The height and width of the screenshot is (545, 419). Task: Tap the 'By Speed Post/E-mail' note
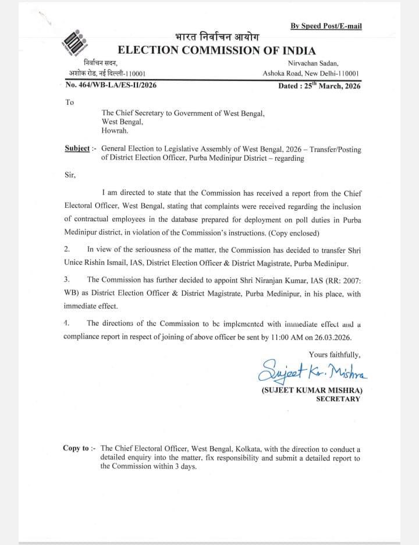coord(326,26)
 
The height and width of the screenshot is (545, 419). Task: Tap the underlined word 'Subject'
coord(77,149)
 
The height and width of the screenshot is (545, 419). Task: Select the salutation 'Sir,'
coord(70,174)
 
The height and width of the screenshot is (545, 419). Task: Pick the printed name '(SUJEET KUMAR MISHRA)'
coord(311,390)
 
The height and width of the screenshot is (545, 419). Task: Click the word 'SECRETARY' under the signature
coord(338,399)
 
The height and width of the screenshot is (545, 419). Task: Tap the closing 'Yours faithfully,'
coord(335,354)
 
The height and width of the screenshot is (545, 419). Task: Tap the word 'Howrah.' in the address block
coord(116,131)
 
